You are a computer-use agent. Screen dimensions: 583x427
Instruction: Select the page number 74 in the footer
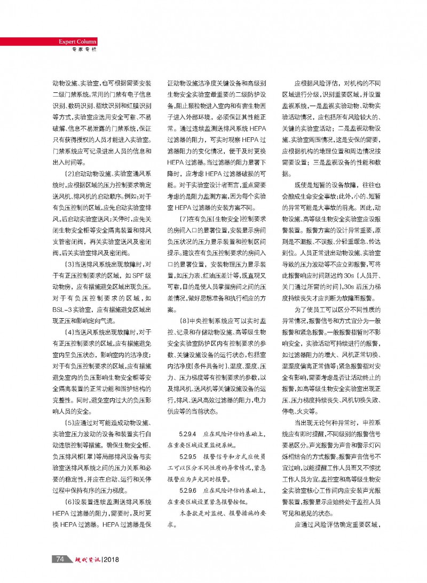click(60, 559)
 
